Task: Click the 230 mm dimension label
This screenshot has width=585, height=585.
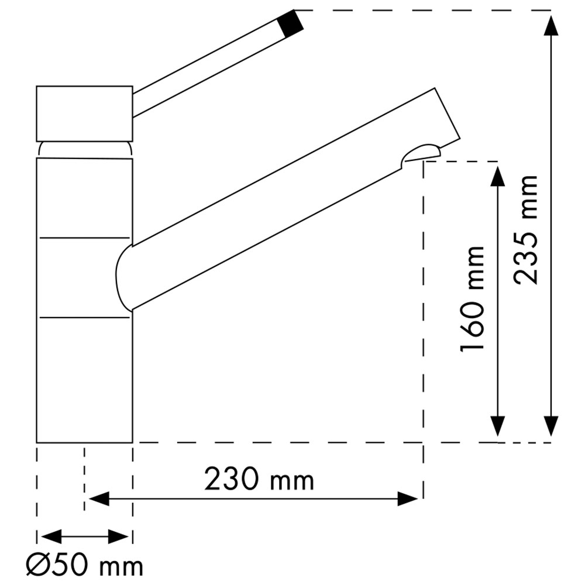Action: [x=259, y=480]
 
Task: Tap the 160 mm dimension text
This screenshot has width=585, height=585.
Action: [x=473, y=298]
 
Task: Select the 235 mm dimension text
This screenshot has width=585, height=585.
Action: [x=525, y=230]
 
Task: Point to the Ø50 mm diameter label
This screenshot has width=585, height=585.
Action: [x=84, y=566]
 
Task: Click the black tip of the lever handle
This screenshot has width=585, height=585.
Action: [x=290, y=23]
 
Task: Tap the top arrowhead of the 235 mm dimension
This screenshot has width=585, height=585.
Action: [x=552, y=26]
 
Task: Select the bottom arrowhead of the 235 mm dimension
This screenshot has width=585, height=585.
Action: [x=552, y=426]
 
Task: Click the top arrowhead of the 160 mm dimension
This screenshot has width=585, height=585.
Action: [x=498, y=177]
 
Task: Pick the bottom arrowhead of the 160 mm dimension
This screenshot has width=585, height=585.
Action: [x=498, y=426]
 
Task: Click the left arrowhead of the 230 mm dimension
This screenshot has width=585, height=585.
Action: [x=99, y=499]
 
